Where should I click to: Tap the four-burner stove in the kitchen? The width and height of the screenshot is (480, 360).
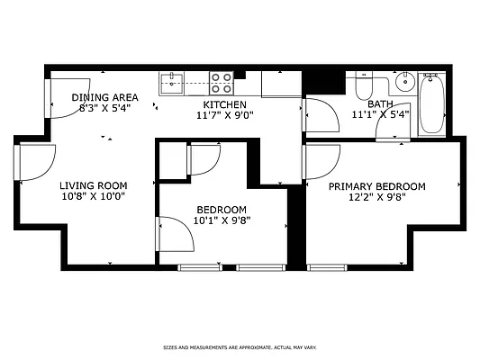222,84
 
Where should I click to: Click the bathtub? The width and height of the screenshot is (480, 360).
430,103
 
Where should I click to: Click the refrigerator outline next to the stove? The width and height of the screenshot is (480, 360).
281,84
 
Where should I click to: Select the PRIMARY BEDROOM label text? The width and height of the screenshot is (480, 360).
376,186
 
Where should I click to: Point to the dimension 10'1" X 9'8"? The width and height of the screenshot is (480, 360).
222,219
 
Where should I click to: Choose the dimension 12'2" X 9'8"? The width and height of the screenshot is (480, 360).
376,198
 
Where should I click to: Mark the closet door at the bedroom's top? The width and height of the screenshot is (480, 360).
202,158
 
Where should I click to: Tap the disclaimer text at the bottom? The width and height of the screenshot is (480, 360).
240,346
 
